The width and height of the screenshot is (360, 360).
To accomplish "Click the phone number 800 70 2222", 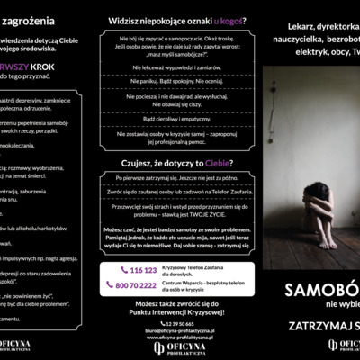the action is click(137, 284).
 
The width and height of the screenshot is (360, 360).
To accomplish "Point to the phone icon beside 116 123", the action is click(124, 269).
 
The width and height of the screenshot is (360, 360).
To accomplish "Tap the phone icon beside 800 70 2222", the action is click(111, 285).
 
